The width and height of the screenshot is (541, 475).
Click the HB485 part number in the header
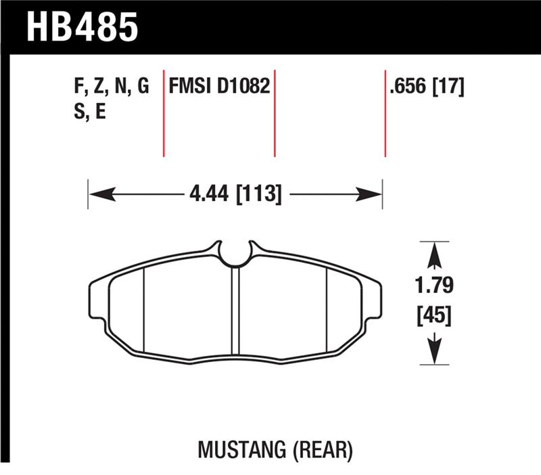tap(82, 27)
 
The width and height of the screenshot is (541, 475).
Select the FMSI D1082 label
tap(220, 87)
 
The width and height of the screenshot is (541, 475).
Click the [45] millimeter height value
tap(433, 315)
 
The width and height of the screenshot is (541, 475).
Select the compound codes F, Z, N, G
tap(111, 87)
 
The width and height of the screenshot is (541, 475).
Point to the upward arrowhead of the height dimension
tap(433, 256)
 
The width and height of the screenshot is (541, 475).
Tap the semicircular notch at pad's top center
tap(235, 256)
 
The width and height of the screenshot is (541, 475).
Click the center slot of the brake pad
tap(235, 311)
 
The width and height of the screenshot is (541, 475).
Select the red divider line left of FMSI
tap(164, 112)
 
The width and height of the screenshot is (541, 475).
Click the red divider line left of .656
tap(385, 112)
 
